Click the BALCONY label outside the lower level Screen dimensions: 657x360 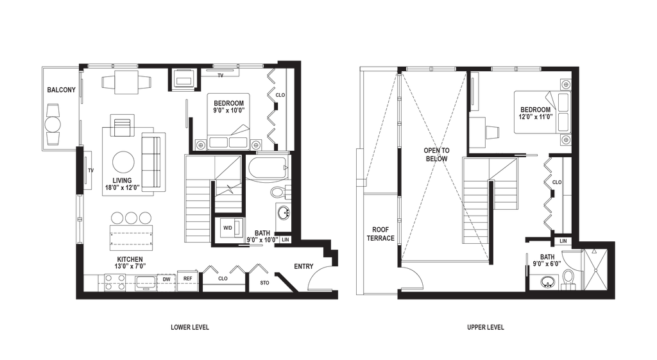[62, 90]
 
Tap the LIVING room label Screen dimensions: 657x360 [122, 183]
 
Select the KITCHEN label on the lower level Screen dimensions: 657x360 [130, 262]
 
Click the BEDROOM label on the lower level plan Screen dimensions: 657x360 [229, 106]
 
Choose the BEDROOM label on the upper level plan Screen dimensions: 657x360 [536, 112]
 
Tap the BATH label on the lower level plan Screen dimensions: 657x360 [262, 234]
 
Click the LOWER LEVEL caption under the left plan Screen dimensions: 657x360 [190, 327]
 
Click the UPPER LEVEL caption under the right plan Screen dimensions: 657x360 [486, 327]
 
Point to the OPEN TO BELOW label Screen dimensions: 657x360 [437, 153]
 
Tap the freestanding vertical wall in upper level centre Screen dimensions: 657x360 [491, 221]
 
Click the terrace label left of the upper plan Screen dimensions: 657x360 [380, 234]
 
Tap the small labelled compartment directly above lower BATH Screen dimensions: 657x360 [228, 228]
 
